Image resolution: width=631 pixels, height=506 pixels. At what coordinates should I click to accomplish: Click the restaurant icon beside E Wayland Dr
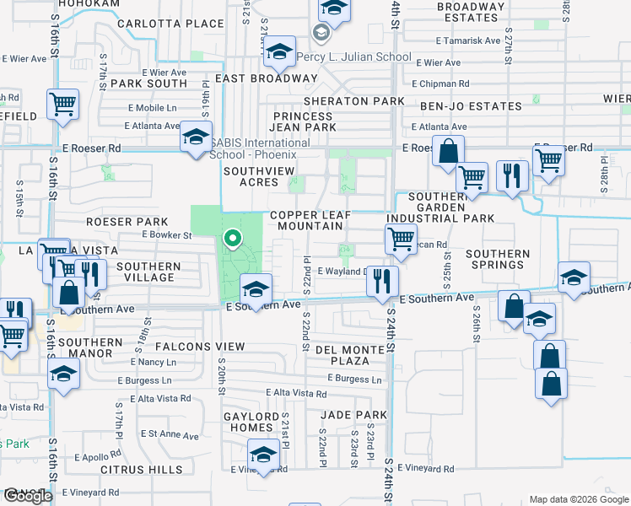click(x=383, y=280)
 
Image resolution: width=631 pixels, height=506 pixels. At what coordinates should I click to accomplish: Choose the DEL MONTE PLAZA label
click(x=354, y=355)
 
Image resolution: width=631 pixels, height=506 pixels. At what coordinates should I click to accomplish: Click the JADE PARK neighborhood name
click(x=353, y=415)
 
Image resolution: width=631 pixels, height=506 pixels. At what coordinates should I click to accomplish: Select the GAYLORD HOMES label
click(x=251, y=422)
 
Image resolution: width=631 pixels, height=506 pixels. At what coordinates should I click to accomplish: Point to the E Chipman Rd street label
click(x=441, y=84)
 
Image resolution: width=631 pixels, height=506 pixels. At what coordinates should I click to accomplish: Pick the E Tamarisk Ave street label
click(x=469, y=40)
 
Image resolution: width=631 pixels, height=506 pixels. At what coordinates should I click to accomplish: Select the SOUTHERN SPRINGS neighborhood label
click(x=498, y=259)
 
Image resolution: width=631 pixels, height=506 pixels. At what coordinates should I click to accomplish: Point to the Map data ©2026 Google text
click(x=578, y=499)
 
